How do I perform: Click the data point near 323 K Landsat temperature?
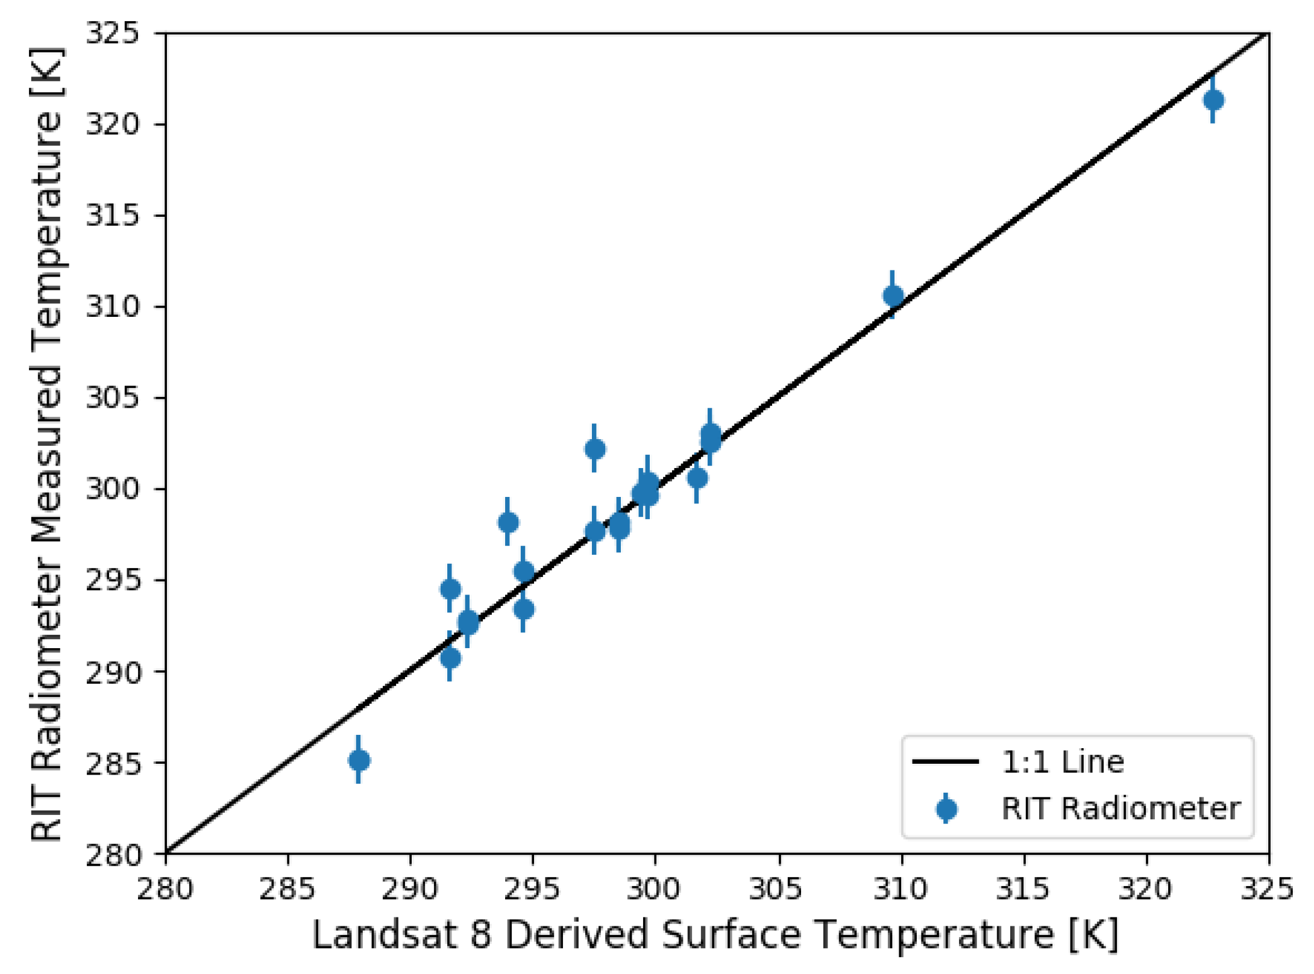click(1213, 100)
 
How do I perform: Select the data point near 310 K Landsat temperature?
click(893, 296)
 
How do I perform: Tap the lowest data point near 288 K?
click(359, 760)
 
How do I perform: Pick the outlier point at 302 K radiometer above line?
click(594, 449)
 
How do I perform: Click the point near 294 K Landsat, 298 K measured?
click(508, 522)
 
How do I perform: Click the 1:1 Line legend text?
click(1062, 762)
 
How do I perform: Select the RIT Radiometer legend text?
click(1120, 808)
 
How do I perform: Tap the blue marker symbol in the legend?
click(946, 808)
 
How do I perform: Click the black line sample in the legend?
click(945, 762)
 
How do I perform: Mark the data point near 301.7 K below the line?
click(697, 478)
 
